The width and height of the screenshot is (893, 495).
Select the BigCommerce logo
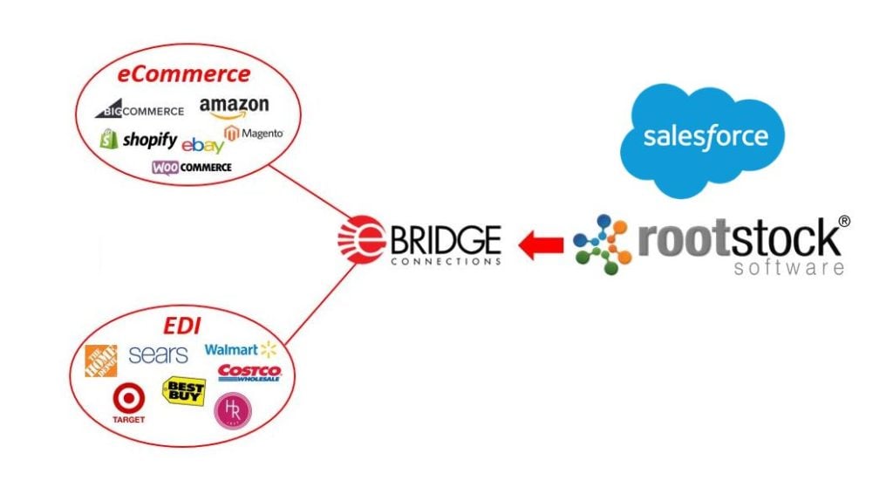140,110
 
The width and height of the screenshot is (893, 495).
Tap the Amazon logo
234,107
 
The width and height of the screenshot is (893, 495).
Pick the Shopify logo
139,140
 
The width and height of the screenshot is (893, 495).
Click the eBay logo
202,145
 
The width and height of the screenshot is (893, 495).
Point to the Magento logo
254,134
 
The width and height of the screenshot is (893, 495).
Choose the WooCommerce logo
192,168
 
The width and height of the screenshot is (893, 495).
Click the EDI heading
182,327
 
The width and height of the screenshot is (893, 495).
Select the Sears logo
158,354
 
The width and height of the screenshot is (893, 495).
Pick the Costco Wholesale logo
249,374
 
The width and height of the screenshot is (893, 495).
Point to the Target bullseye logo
128,401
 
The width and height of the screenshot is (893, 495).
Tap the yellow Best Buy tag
184,392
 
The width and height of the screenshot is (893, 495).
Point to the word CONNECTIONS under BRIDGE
446,260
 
